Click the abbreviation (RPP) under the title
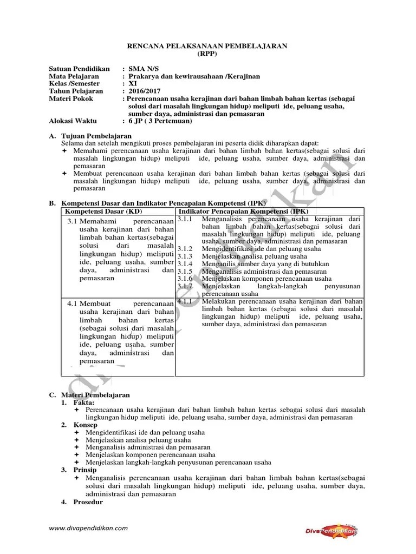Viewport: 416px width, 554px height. (206, 55)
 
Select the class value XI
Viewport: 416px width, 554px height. (133, 84)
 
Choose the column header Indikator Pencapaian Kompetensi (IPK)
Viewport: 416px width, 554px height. (243, 210)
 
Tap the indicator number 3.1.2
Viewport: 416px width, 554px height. (185, 249)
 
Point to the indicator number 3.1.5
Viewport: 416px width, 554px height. (185, 271)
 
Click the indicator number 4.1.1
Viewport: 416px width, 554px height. (185, 301)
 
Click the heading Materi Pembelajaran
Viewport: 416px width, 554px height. (95, 395)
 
